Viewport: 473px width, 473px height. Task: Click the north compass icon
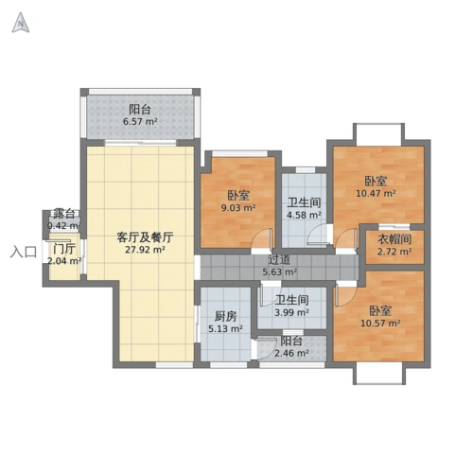point(18,24)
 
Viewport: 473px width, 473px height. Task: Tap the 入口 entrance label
point(23,253)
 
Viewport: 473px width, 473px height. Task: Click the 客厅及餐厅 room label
point(143,236)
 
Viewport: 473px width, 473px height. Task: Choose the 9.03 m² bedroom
point(237,201)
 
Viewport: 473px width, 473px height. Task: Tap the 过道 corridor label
point(278,260)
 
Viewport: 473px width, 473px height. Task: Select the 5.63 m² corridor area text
point(279,273)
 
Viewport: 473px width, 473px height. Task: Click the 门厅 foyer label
point(64,249)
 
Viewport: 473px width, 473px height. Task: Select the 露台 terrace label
point(64,214)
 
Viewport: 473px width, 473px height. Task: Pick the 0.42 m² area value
point(64,226)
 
